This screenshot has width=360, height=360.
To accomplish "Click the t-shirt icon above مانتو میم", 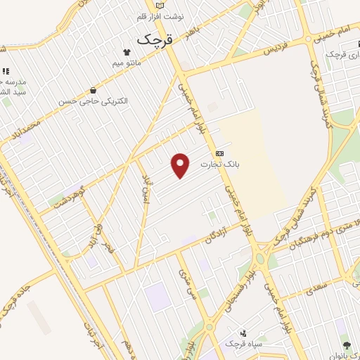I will pyautogui.click(x=127, y=52).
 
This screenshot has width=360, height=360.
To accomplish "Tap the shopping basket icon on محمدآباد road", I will pyautogui.click(x=94, y=89).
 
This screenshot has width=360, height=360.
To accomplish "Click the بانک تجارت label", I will pyautogui.click(x=219, y=165).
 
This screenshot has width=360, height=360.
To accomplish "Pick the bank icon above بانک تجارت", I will pyautogui.click(x=220, y=153).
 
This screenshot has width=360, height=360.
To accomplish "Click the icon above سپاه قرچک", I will pyautogui.click(x=243, y=333).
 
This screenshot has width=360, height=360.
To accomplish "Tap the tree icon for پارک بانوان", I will pyautogui.click(x=347, y=345).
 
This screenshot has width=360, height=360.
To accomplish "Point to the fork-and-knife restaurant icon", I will pyautogui.click(x=5, y=71).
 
